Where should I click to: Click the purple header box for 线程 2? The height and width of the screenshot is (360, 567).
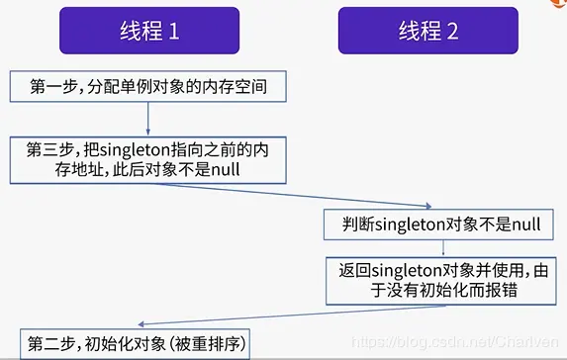click(428, 30)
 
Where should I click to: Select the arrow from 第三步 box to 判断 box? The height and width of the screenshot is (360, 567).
click(297, 193)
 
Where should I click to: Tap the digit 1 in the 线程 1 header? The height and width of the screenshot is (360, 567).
click(173, 31)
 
